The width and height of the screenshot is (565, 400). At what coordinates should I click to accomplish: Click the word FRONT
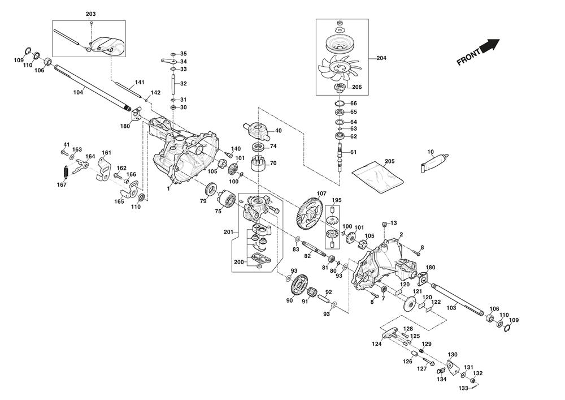pyautogui.click(x=468, y=57)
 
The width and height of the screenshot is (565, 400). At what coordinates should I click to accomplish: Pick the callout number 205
pyautogui.click(x=389, y=161)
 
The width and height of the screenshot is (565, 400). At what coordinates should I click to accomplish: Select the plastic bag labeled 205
pyautogui.click(x=378, y=174)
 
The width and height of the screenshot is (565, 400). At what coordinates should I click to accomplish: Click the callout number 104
pyautogui.click(x=78, y=92)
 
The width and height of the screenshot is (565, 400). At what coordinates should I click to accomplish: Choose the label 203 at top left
pyautogui.click(x=91, y=14)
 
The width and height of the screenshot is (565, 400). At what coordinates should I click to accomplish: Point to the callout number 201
pyautogui.click(x=228, y=233)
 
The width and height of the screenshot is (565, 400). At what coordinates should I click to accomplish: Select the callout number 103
pyautogui.click(x=451, y=308)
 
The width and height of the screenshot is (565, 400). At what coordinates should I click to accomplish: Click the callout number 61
pyautogui.click(x=354, y=152)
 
